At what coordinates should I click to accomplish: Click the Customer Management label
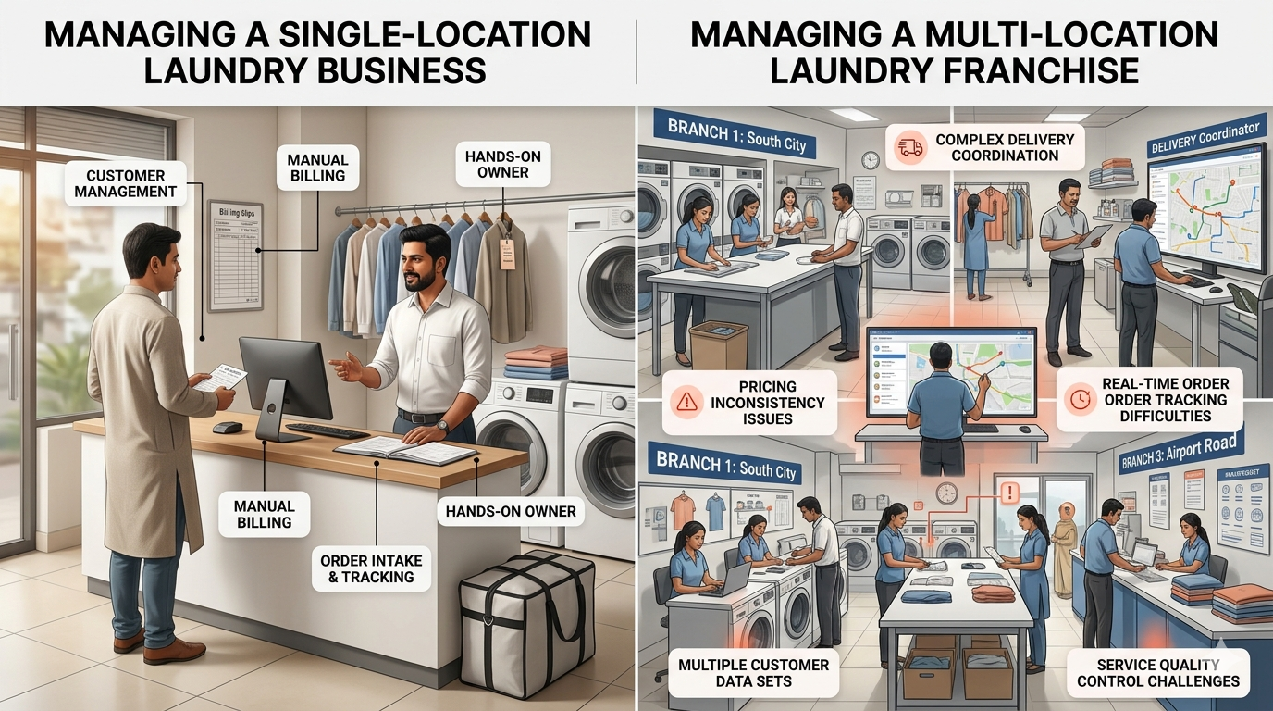click(126, 183)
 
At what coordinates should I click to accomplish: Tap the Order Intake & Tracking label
click(370, 569)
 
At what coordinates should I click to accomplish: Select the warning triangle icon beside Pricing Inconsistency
click(686, 402)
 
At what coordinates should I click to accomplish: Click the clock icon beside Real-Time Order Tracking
click(1079, 399)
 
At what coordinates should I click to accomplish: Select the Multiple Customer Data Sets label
click(753, 673)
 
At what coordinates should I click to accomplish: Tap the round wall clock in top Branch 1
click(870, 160)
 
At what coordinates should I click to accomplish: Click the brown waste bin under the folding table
click(719, 345)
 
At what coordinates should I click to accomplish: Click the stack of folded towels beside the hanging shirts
click(537, 363)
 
